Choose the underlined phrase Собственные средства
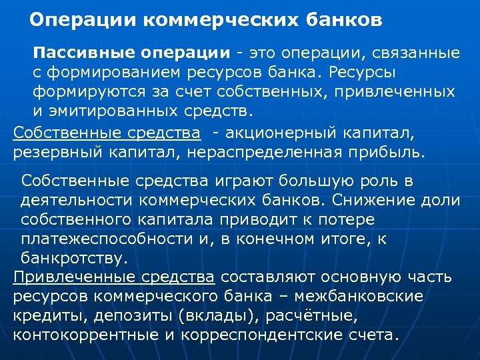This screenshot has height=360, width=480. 107,133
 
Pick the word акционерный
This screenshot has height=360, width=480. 275,133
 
